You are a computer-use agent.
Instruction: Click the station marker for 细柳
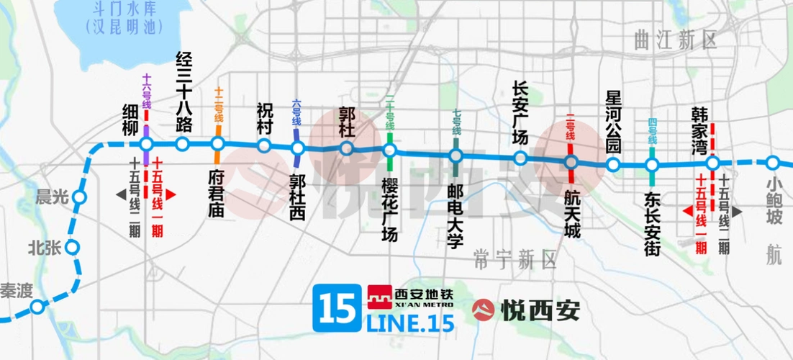146,144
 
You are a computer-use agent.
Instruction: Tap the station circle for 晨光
79,197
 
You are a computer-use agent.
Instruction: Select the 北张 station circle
72,248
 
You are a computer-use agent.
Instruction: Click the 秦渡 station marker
37,307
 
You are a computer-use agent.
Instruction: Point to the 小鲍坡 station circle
773,163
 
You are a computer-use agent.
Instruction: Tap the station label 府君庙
217,193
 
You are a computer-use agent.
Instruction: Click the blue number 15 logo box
337,308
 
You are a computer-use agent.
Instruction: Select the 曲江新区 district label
676,40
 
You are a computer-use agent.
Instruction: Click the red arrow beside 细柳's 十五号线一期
171,194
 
